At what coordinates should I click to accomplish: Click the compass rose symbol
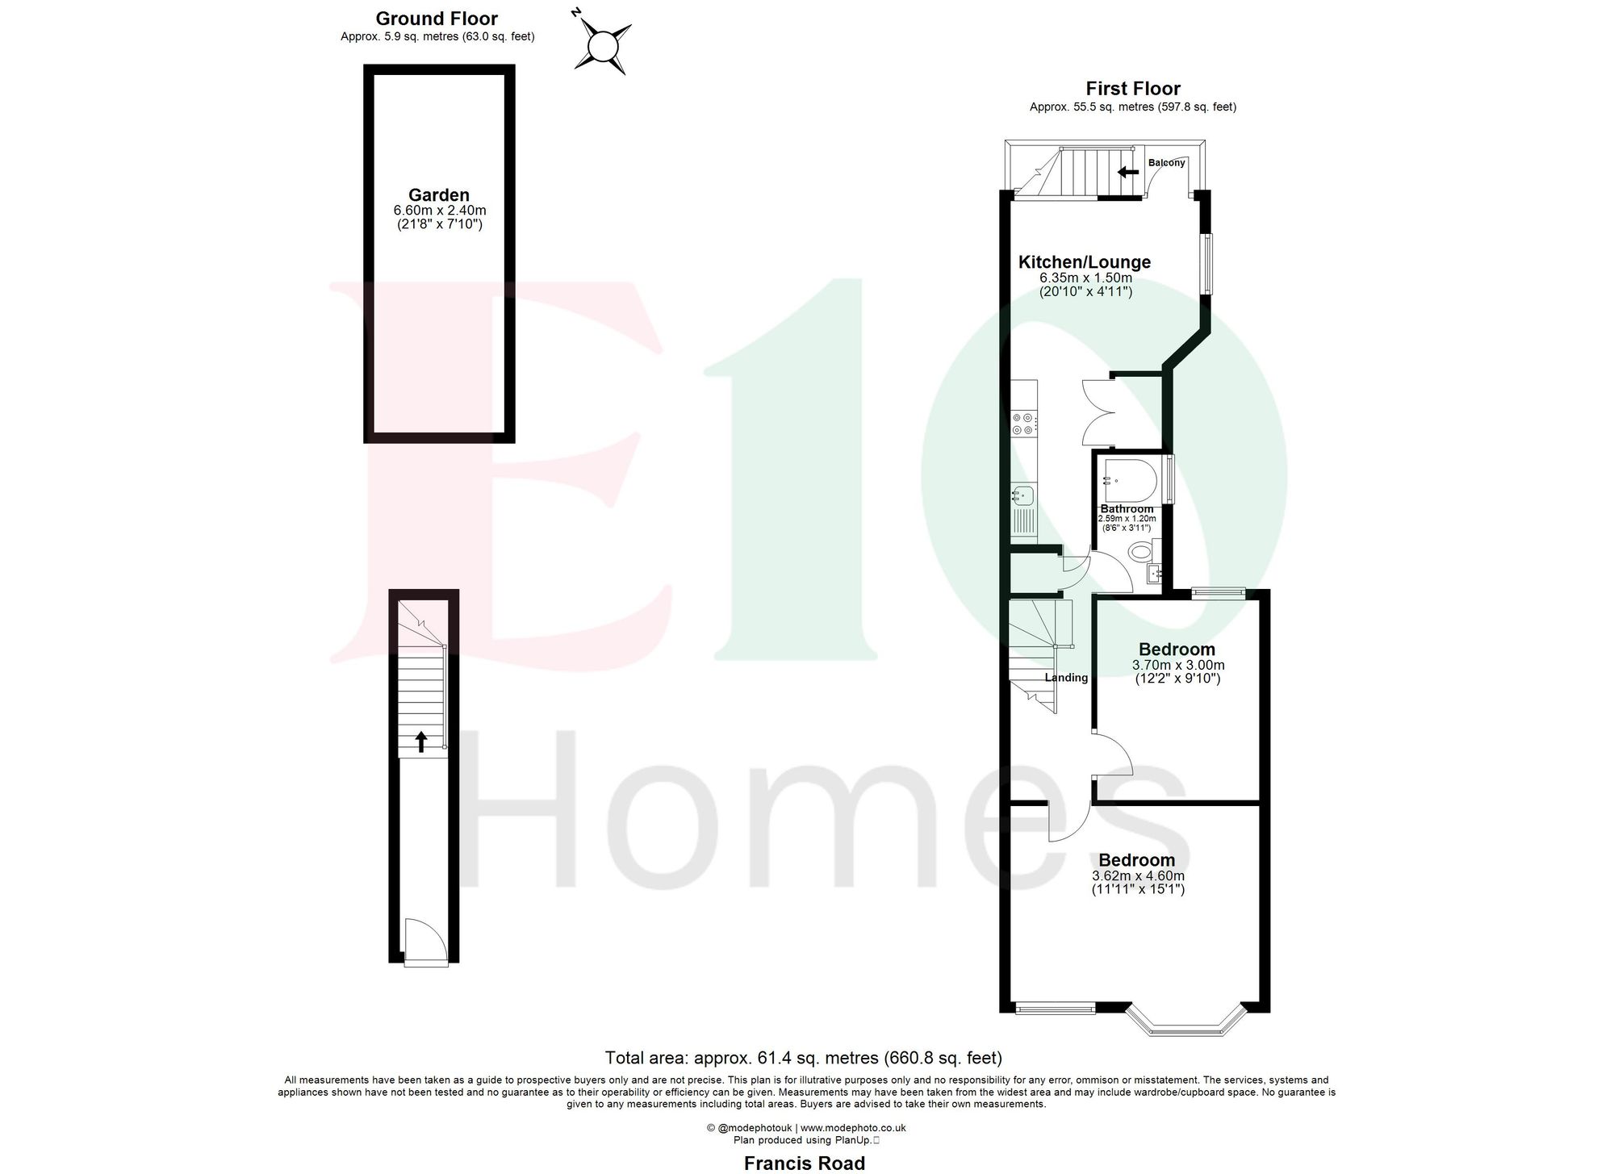pyautogui.click(x=602, y=47)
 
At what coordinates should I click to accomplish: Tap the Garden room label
pyautogui.click(x=439, y=194)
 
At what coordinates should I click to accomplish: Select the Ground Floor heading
pyautogui.click(x=437, y=19)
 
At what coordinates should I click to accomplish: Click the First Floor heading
pyautogui.click(x=1132, y=89)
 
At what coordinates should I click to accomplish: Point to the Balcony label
pyautogui.click(x=1167, y=163)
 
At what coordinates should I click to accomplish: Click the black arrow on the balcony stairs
pyautogui.click(x=1128, y=171)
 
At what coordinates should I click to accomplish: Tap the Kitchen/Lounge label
pyautogui.click(x=1084, y=262)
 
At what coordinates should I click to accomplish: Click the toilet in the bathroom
pyautogui.click(x=1141, y=553)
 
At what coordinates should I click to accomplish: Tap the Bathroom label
pyautogui.click(x=1127, y=509)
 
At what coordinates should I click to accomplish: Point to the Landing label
pyautogui.click(x=1066, y=678)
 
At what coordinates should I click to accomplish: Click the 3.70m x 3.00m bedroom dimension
pyautogui.click(x=1178, y=666)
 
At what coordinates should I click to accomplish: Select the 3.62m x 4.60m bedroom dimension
pyautogui.click(x=1138, y=876)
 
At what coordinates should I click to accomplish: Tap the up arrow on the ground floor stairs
pyautogui.click(x=421, y=741)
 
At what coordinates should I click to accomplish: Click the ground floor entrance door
pyautogui.click(x=424, y=944)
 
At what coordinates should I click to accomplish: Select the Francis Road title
pyautogui.click(x=804, y=1163)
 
